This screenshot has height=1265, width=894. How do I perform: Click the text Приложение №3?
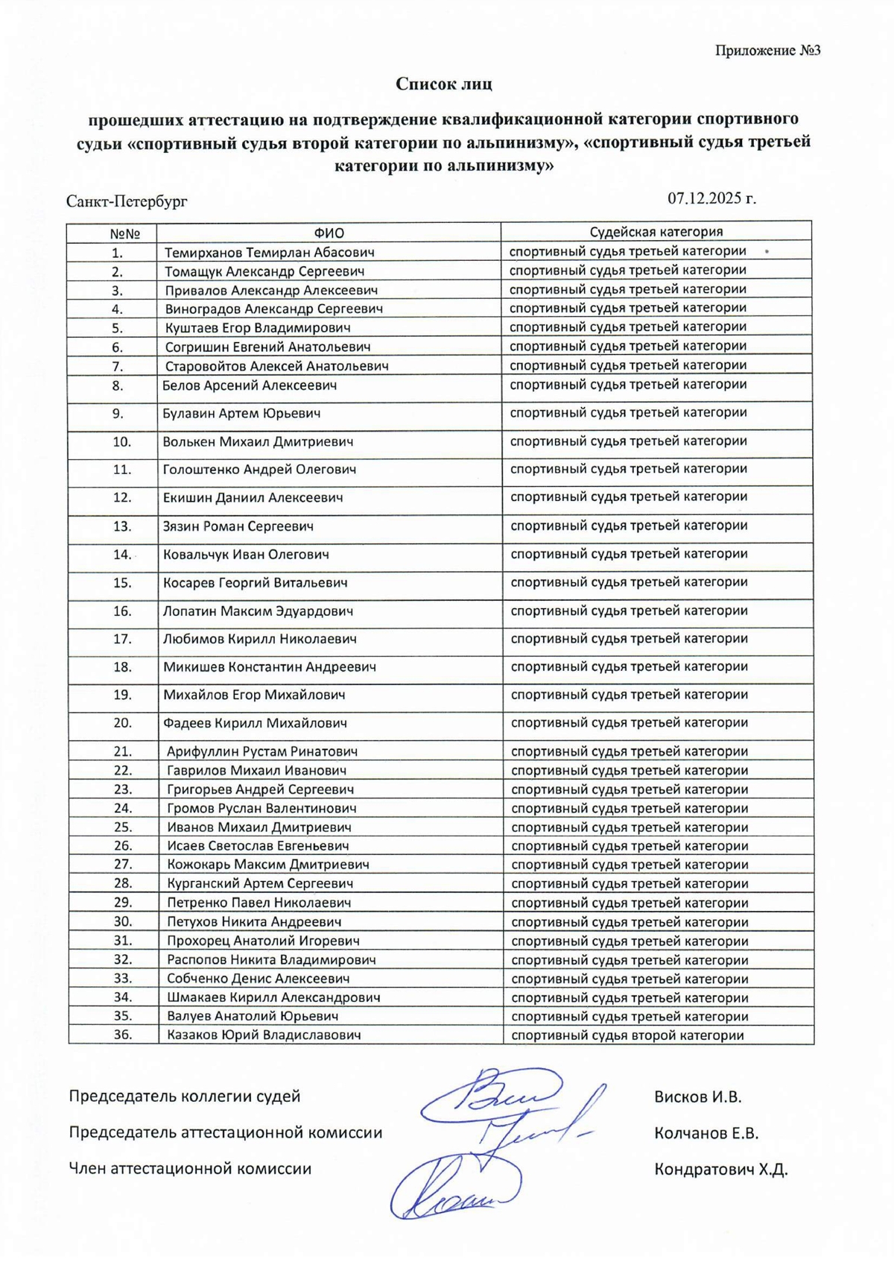click(767, 51)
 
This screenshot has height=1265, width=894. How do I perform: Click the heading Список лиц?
click(444, 83)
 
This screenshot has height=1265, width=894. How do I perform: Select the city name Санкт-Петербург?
click(127, 201)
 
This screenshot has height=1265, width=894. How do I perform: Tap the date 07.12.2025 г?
click(711, 198)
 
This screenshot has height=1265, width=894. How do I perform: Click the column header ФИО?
click(329, 233)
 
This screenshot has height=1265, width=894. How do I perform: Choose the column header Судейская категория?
click(656, 232)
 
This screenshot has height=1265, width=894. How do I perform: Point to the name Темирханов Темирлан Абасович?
click(269, 253)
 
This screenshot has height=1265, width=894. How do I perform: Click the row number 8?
click(118, 386)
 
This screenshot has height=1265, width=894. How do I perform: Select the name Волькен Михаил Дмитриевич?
click(258, 442)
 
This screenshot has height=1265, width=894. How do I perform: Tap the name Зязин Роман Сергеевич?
click(238, 526)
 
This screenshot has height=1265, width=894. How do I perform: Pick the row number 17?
click(122, 639)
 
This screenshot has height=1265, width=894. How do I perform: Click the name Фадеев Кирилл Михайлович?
click(255, 723)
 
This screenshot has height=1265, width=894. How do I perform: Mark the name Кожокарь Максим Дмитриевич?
click(268, 865)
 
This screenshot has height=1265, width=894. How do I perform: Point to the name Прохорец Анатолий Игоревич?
click(263, 941)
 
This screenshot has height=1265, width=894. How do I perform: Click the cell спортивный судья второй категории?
click(627, 1035)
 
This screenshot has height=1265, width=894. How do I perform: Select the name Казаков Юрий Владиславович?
click(264, 1035)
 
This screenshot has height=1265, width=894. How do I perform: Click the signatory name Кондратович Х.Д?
click(720, 1170)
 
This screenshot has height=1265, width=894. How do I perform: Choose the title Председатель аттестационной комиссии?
click(225, 1133)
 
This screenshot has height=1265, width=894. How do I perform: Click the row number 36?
click(123, 1035)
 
